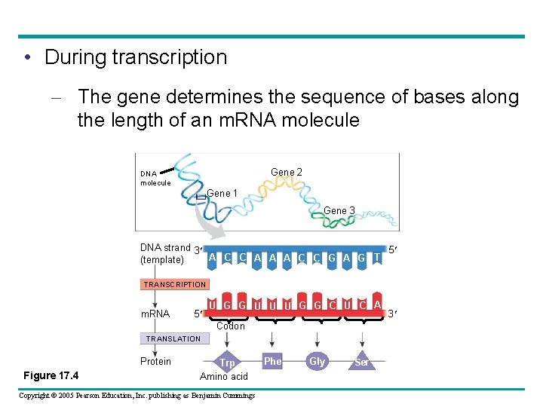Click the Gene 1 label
(x=222, y=194)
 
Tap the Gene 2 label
(x=287, y=173)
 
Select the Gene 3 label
(x=339, y=210)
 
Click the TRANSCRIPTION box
(x=175, y=284)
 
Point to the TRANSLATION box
(x=173, y=338)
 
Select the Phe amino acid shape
(x=272, y=361)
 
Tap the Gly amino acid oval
(x=318, y=362)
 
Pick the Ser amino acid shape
(x=362, y=363)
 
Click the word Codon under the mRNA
(x=231, y=326)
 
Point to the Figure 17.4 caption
(x=51, y=375)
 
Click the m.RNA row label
(x=156, y=314)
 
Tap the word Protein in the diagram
(x=156, y=361)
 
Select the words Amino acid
(x=224, y=376)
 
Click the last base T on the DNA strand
(x=377, y=258)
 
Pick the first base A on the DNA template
(x=212, y=257)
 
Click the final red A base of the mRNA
(x=376, y=304)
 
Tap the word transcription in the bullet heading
(x=177, y=57)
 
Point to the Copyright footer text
(x=137, y=395)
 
